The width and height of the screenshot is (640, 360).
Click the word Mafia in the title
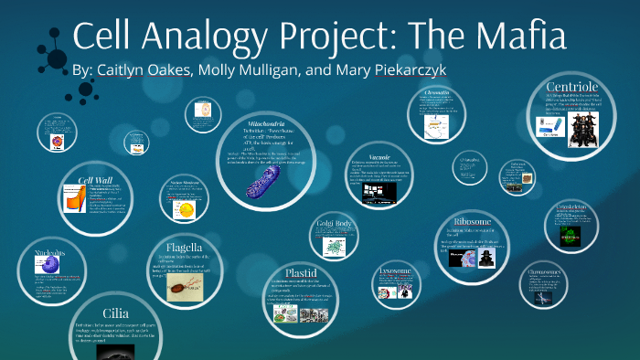pyautogui.click(x=517, y=36)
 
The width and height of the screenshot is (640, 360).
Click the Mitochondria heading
pyautogui.click(x=273, y=122)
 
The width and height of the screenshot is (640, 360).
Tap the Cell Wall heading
pyautogui.click(x=95, y=179)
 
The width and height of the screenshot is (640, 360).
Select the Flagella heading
pyautogui.click(x=191, y=247)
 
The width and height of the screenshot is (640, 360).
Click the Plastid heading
pyautogui.click(x=302, y=272)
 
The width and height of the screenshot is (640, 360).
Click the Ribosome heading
pyautogui.click(x=479, y=222)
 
